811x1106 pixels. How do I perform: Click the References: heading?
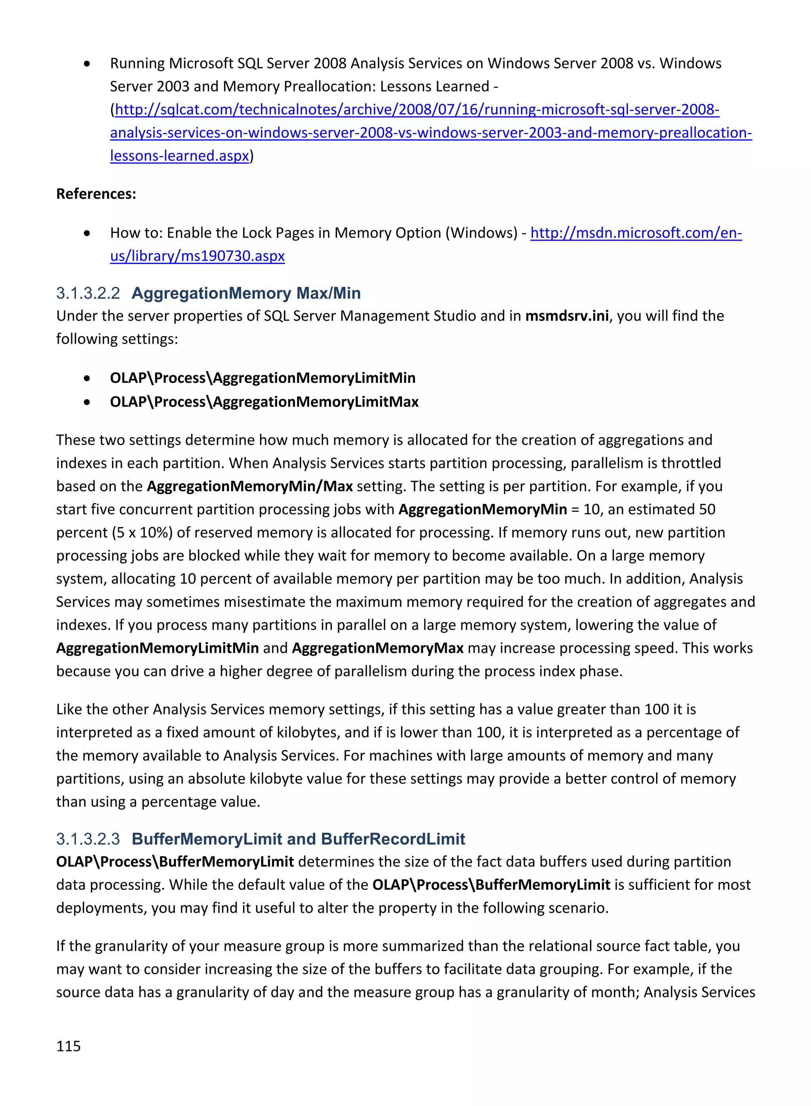click(96, 194)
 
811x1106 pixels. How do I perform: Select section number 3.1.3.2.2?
click(88, 293)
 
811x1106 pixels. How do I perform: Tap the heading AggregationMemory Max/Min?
click(246, 293)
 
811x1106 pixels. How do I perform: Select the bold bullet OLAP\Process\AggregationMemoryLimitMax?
click(264, 402)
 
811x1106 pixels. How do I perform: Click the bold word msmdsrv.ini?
click(567, 315)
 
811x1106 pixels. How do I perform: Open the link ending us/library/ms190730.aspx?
click(197, 256)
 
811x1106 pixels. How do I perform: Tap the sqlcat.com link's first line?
click(417, 109)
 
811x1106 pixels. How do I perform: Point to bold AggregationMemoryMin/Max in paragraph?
click(250, 486)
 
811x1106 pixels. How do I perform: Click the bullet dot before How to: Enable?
click(87, 233)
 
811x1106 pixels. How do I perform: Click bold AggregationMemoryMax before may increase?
click(377, 648)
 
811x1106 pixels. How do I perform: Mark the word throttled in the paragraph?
click(691, 463)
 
